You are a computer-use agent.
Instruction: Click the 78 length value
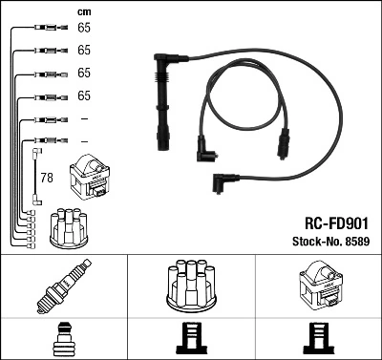point(45,177)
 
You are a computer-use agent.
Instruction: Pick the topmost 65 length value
point(83,29)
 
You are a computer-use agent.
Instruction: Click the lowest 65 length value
point(83,95)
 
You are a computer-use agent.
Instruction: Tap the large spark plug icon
point(63,287)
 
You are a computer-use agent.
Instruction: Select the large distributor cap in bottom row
point(191,286)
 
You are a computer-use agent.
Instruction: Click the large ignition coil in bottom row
point(317,286)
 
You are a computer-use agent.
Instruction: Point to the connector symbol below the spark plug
point(63,338)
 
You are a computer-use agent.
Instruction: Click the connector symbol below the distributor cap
point(191,338)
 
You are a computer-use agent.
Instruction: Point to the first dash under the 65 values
point(84,118)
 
